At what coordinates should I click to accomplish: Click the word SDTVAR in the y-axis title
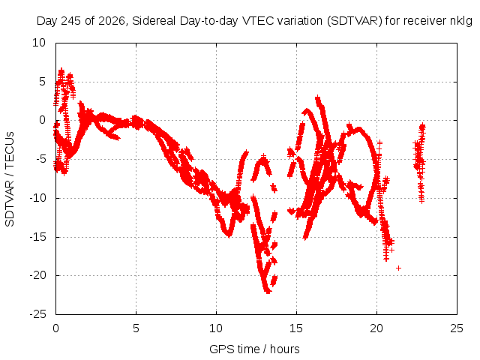tap(10, 203)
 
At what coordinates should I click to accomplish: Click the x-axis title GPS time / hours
tap(254, 349)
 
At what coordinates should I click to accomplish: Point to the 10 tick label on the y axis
tap(39, 43)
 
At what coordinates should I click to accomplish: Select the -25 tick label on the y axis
tap(37, 314)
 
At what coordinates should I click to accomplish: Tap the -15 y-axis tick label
tap(37, 237)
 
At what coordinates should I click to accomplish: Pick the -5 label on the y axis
tap(40, 159)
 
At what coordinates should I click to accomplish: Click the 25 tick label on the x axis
tap(457, 328)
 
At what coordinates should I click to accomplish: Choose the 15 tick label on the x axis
tap(296, 328)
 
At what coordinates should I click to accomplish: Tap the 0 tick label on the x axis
tap(55, 328)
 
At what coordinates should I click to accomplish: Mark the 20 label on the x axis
tap(376, 328)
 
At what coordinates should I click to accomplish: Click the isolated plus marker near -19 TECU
tap(398, 268)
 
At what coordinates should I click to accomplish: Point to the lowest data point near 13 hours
tap(268, 291)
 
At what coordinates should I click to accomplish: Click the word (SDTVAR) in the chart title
tap(355, 21)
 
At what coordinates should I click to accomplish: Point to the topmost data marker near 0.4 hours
tap(61, 70)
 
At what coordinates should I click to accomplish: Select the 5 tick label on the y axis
tap(42, 82)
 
